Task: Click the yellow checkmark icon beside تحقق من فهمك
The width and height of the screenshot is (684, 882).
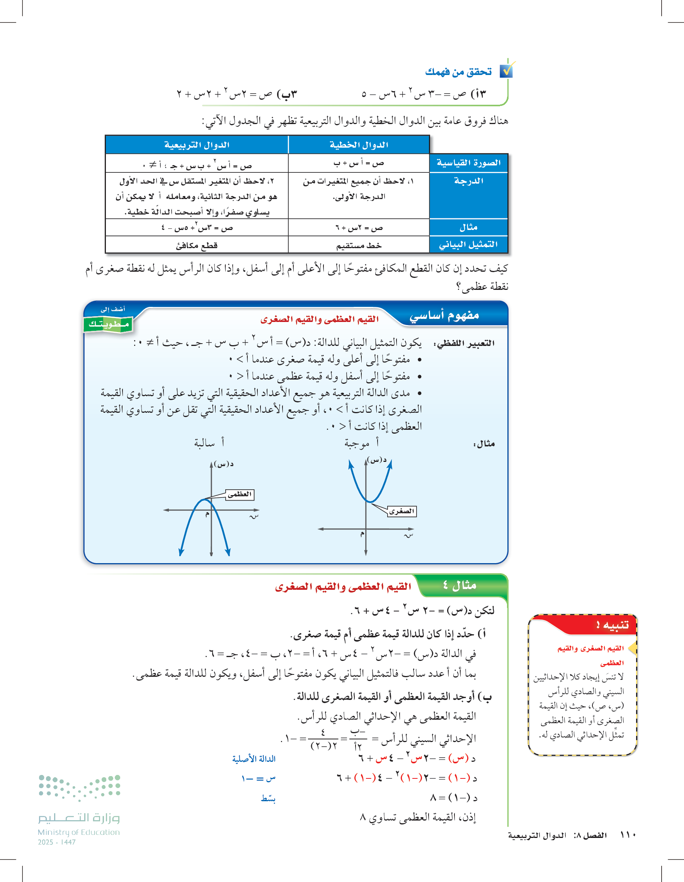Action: pyautogui.click(x=507, y=70)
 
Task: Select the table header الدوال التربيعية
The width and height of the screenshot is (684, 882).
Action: pyautogui.click(x=197, y=145)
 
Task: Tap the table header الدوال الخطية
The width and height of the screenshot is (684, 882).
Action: pyautogui.click(x=359, y=145)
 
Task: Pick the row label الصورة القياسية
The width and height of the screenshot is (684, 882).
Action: pyautogui.click(x=468, y=163)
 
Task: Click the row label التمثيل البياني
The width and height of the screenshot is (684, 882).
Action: pyautogui.click(x=468, y=245)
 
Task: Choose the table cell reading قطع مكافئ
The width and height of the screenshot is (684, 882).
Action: pyautogui.click(x=197, y=245)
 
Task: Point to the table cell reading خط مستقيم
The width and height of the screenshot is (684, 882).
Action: pyautogui.click(x=359, y=245)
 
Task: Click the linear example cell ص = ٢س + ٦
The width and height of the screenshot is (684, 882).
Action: pyautogui.click(x=359, y=228)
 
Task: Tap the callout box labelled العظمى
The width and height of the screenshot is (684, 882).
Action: pyautogui.click(x=240, y=494)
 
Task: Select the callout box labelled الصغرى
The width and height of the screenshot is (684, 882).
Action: pyautogui.click(x=402, y=511)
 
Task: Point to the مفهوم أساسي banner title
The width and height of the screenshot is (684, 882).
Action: pyautogui.click(x=444, y=315)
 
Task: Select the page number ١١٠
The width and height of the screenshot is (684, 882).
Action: pyautogui.click(x=628, y=835)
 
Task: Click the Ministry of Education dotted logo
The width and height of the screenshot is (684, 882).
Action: pyautogui.click(x=80, y=788)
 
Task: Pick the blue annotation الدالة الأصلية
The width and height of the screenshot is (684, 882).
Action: pyautogui.click(x=254, y=759)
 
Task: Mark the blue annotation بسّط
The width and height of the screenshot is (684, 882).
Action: pyautogui.click(x=268, y=799)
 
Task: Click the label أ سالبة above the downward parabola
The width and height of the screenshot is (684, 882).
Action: pyautogui.click(x=209, y=443)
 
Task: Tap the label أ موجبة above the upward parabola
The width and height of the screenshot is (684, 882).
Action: pyautogui.click(x=361, y=443)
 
